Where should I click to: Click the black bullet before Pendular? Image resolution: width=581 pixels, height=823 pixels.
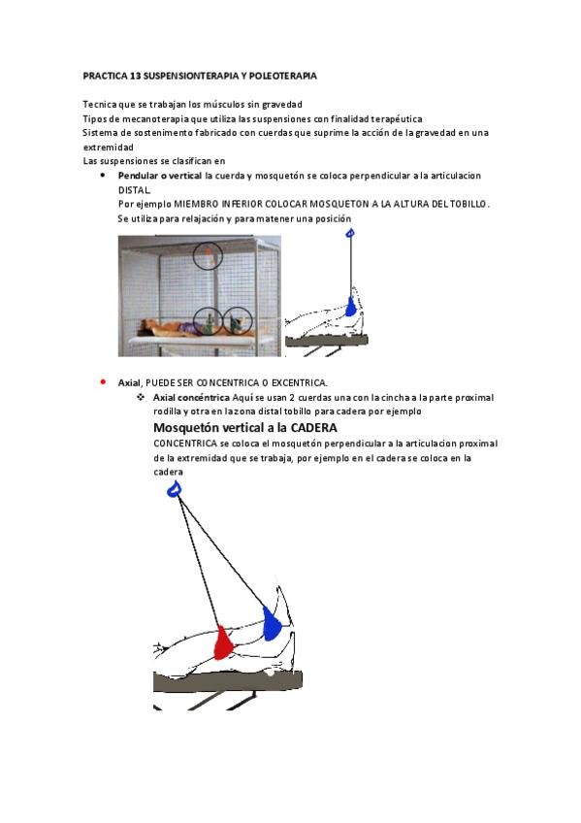pos(103,176)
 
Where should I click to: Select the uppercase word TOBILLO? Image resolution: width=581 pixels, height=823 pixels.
pos(470,204)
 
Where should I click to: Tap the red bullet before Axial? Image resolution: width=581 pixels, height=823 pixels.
pos(103,382)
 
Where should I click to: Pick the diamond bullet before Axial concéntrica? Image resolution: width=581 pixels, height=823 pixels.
pos(141,397)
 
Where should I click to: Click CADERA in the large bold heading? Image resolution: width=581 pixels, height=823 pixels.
pos(313,428)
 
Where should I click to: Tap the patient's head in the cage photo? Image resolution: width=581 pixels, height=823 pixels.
pos(145,330)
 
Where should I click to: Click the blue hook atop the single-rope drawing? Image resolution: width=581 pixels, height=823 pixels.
pos(351,233)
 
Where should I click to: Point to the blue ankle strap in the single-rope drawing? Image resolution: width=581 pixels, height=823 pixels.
pos(351,307)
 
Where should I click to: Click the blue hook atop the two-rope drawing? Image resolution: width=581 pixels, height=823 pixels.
pos(175,490)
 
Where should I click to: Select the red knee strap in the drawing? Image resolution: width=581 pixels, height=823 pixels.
pos(223,642)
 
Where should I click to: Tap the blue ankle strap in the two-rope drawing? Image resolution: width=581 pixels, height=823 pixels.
pos(271,623)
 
